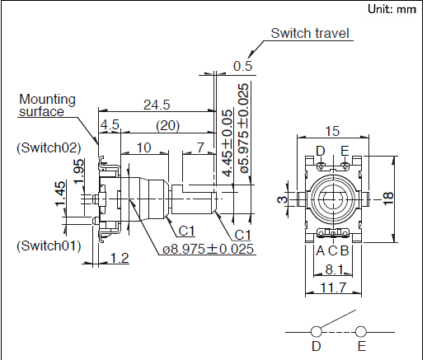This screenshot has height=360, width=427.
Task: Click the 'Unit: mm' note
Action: (x=392, y=9)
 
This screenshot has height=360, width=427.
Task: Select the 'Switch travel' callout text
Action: (x=310, y=33)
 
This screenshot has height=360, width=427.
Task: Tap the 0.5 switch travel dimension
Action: (x=242, y=66)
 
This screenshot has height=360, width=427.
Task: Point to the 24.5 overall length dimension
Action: (x=157, y=105)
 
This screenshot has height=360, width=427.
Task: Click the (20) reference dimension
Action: (x=167, y=126)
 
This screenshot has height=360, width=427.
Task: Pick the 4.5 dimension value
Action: (x=110, y=125)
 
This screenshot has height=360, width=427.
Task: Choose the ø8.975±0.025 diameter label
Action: (x=208, y=249)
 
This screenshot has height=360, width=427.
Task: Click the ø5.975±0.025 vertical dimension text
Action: (x=245, y=129)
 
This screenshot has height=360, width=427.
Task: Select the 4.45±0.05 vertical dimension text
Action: (x=228, y=143)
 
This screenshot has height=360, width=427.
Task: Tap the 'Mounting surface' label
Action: (x=47, y=105)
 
